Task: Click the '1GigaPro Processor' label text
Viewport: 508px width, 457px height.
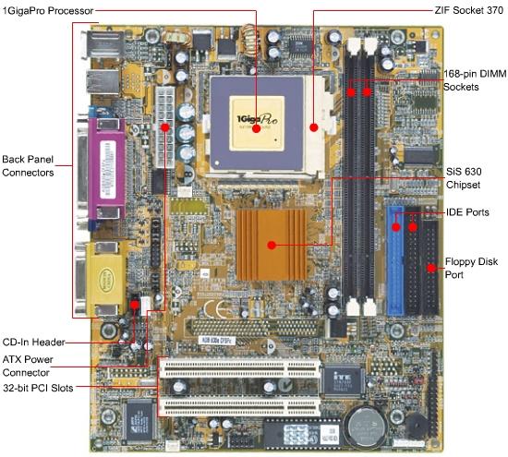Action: click(48, 11)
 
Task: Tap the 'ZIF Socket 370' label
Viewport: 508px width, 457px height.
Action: click(469, 10)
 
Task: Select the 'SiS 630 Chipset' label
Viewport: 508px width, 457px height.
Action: click(464, 178)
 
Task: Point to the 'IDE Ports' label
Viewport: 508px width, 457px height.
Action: click(467, 212)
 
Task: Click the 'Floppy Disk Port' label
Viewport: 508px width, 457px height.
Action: click(471, 268)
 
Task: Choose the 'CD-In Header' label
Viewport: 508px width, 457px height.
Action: click(33, 342)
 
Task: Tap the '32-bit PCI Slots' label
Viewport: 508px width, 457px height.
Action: click(38, 388)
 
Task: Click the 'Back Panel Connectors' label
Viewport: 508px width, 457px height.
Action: click(28, 166)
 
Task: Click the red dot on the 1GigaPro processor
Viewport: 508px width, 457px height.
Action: click(256, 128)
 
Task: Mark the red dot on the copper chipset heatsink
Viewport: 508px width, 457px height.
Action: click(272, 246)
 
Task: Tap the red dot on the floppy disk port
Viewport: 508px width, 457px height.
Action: click(431, 268)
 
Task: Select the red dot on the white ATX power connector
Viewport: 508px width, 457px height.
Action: click(165, 127)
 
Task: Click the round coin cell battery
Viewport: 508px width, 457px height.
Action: click(366, 427)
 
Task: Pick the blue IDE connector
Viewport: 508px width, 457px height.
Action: click(395, 260)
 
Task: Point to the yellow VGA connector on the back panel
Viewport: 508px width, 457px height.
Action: click(105, 279)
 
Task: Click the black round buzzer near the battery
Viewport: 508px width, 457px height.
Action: click(417, 427)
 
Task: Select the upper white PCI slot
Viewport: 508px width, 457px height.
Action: click(239, 369)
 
